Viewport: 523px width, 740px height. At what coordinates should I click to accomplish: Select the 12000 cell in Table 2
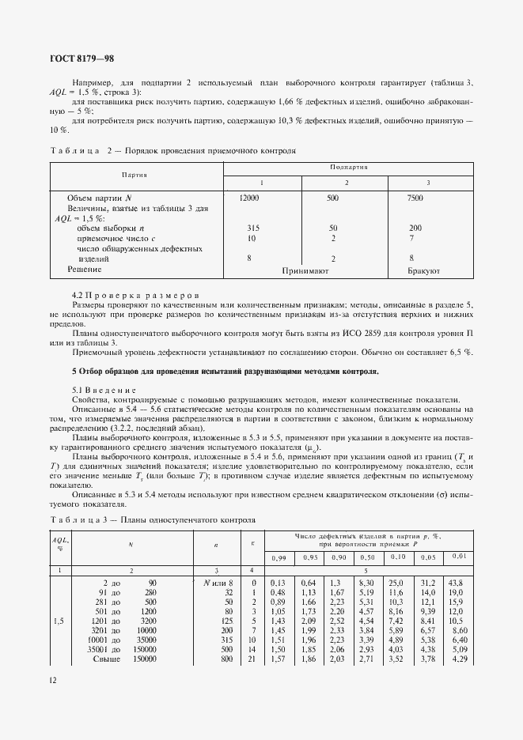pos(248,198)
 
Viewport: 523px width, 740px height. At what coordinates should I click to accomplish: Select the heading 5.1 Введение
pos(104,390)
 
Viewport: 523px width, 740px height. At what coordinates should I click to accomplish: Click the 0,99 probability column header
pos(278,559)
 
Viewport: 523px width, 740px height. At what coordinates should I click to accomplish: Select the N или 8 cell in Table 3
pos(218,583)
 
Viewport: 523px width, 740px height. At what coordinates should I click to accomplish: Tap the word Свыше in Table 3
pos(105,659)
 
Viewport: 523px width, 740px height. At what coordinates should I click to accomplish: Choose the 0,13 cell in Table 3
pos(278,583)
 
